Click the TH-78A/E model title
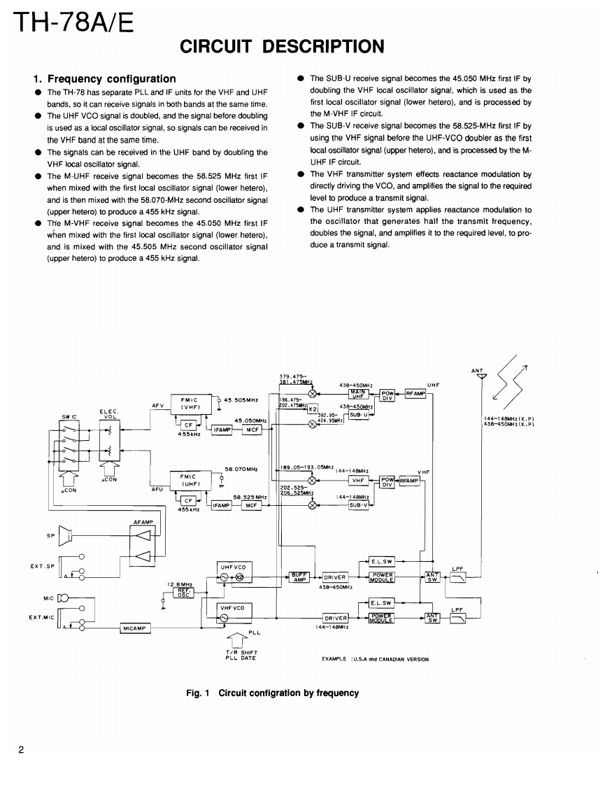coord(70,26)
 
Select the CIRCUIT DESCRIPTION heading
coord(282,46)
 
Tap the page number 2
coord(22,751)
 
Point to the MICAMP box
coord(134,628)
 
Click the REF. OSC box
coord(183,593)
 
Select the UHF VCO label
coord(232,567)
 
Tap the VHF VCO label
coord(232,608)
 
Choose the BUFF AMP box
coord(300,577)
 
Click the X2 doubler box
coord(313,409)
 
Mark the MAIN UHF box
coord(359,394)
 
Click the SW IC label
coord(69,415)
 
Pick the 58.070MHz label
coord(239,469)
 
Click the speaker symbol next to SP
coord(65,535)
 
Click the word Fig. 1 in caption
coord(198,693)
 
